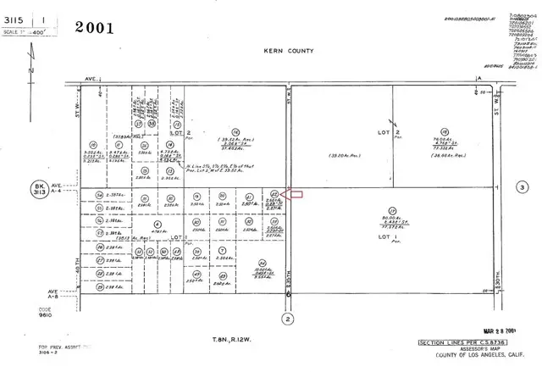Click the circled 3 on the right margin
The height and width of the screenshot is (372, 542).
523,186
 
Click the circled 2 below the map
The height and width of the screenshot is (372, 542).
288,318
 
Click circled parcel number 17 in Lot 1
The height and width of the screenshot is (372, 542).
391,209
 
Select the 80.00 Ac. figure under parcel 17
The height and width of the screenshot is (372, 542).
391,218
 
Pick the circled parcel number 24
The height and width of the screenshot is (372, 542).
263,263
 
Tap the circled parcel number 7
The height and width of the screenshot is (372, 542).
221,252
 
